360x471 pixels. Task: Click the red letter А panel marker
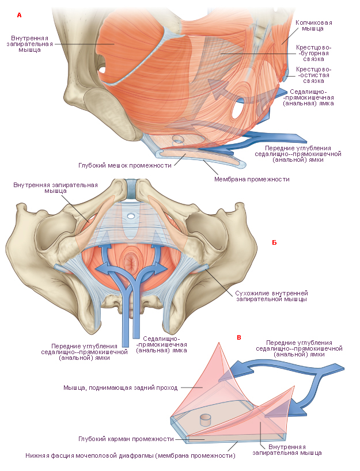[x=20, y=15]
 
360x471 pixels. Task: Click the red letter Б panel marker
[x=274, y=242]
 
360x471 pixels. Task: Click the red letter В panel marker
[x=239, y=337]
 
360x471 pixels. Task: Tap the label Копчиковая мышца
[x=313, y=25]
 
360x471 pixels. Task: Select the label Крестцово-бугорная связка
[x=313, y=53]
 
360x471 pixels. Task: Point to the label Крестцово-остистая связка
[x=313, y=75]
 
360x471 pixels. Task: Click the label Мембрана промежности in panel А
[x=252, y=179]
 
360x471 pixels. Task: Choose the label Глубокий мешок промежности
[x=125, y=165]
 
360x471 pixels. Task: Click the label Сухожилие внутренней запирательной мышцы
[x=271, y=296]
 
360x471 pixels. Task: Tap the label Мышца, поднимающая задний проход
[x=120, y=388]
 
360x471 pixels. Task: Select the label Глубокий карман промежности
[x=126, y=439]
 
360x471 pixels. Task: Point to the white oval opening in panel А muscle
[x=237, y=111]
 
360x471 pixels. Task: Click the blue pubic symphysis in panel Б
[x=131, y=189]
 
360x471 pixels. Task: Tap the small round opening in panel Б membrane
[x=131, y=215]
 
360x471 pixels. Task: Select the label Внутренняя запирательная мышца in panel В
[x=287, y=450]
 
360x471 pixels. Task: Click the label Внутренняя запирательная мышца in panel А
[x=30, y=44]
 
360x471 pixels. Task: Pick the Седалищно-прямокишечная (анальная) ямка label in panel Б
[x=162, y=344]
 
